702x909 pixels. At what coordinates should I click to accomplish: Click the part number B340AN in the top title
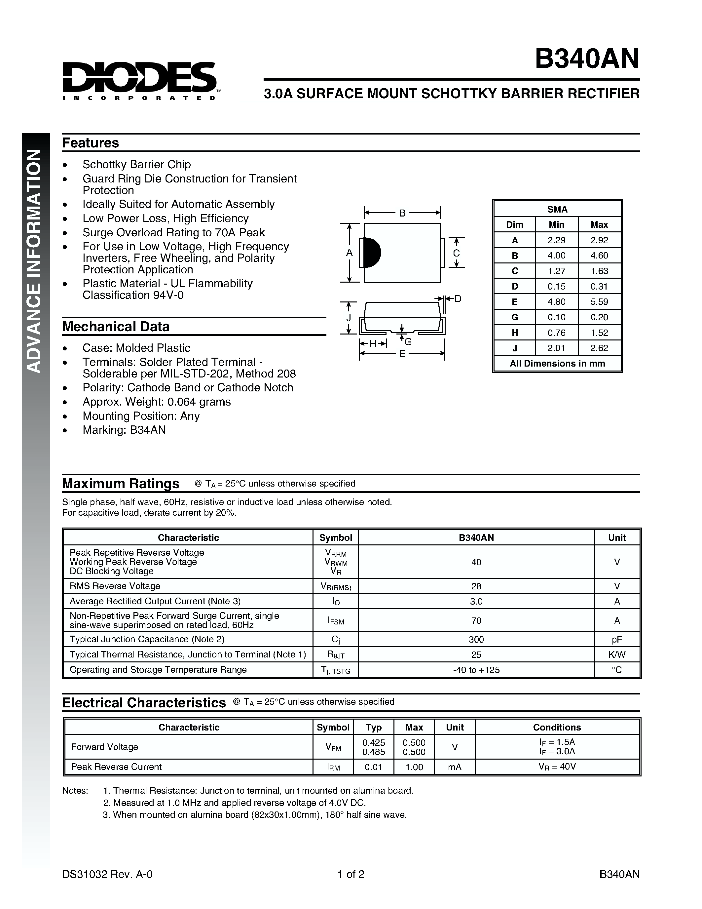586,59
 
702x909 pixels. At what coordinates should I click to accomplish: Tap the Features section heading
90,143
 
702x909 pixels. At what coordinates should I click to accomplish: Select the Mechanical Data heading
116,326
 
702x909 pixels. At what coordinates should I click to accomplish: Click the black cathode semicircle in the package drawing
371,253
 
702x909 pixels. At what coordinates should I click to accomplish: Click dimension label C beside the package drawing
456,253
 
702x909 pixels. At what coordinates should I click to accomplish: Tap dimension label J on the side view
349,318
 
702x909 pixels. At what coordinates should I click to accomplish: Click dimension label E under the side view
402,354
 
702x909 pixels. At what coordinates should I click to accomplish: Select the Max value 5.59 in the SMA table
599,301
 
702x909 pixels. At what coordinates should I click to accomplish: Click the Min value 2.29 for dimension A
556,240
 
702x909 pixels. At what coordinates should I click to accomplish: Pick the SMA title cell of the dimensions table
557,209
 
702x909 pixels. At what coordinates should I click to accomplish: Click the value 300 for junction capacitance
476,639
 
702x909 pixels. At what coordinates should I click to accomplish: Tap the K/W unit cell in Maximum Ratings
616,654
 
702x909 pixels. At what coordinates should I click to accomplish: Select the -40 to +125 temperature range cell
476,670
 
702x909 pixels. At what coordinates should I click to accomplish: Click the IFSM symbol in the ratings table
336,621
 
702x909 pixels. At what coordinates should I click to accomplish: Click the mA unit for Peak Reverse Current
455,767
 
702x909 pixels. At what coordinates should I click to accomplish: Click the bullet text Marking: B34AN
124,430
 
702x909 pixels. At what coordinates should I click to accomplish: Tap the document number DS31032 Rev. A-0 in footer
107,874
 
